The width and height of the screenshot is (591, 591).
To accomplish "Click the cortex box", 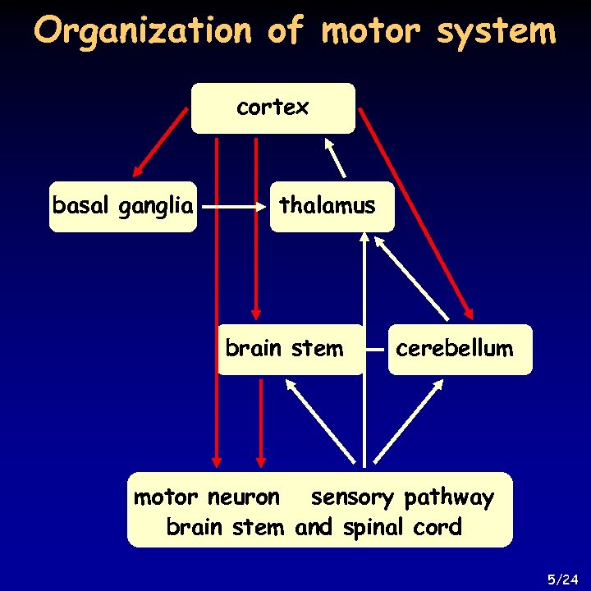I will click(273, 108).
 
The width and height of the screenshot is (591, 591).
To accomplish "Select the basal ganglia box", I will click(123, 206).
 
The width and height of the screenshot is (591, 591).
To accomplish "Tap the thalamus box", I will click(332, 206).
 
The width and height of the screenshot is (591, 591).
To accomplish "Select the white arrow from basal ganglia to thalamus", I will click(236, 208).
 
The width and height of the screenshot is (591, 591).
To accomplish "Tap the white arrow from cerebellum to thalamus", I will click(413, 278).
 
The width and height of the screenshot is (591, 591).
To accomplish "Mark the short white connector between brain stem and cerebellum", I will click(376, 349).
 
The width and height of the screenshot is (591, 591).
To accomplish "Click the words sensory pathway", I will click(402, 497).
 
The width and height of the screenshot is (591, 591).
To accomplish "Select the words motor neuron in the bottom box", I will click(206, 497).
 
